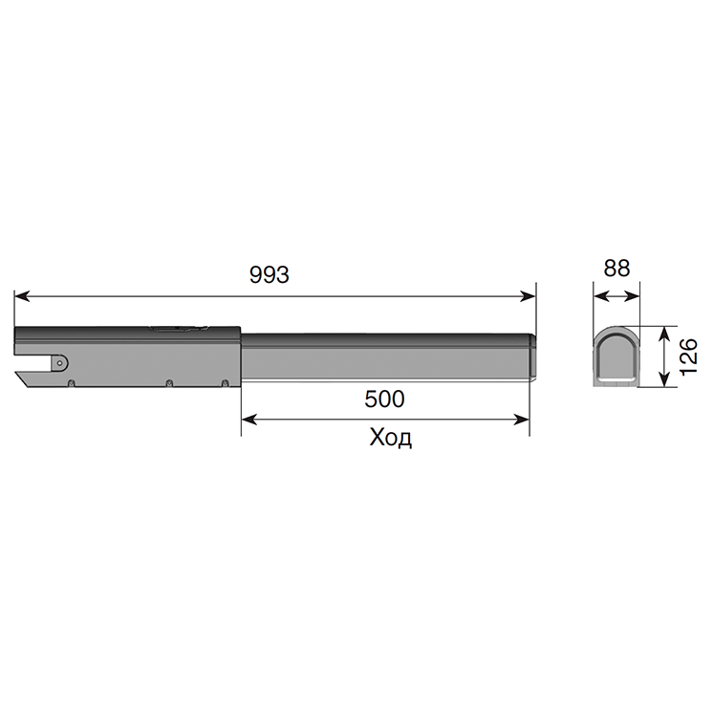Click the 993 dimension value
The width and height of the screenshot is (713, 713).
(270, 275)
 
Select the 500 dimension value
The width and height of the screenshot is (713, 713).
(384, 399)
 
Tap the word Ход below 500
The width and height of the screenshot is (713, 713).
(391, 438)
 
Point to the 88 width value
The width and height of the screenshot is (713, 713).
(616, 269)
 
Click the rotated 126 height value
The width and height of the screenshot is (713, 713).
(689, 356)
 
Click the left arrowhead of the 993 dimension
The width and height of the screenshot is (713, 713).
(22, 296)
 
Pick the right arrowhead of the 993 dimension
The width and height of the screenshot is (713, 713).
(528, 296)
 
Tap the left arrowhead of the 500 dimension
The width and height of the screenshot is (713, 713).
(249, 420)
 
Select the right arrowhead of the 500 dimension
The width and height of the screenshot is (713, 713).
(521, 420)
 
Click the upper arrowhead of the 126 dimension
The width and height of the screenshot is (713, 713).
(664, 335)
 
